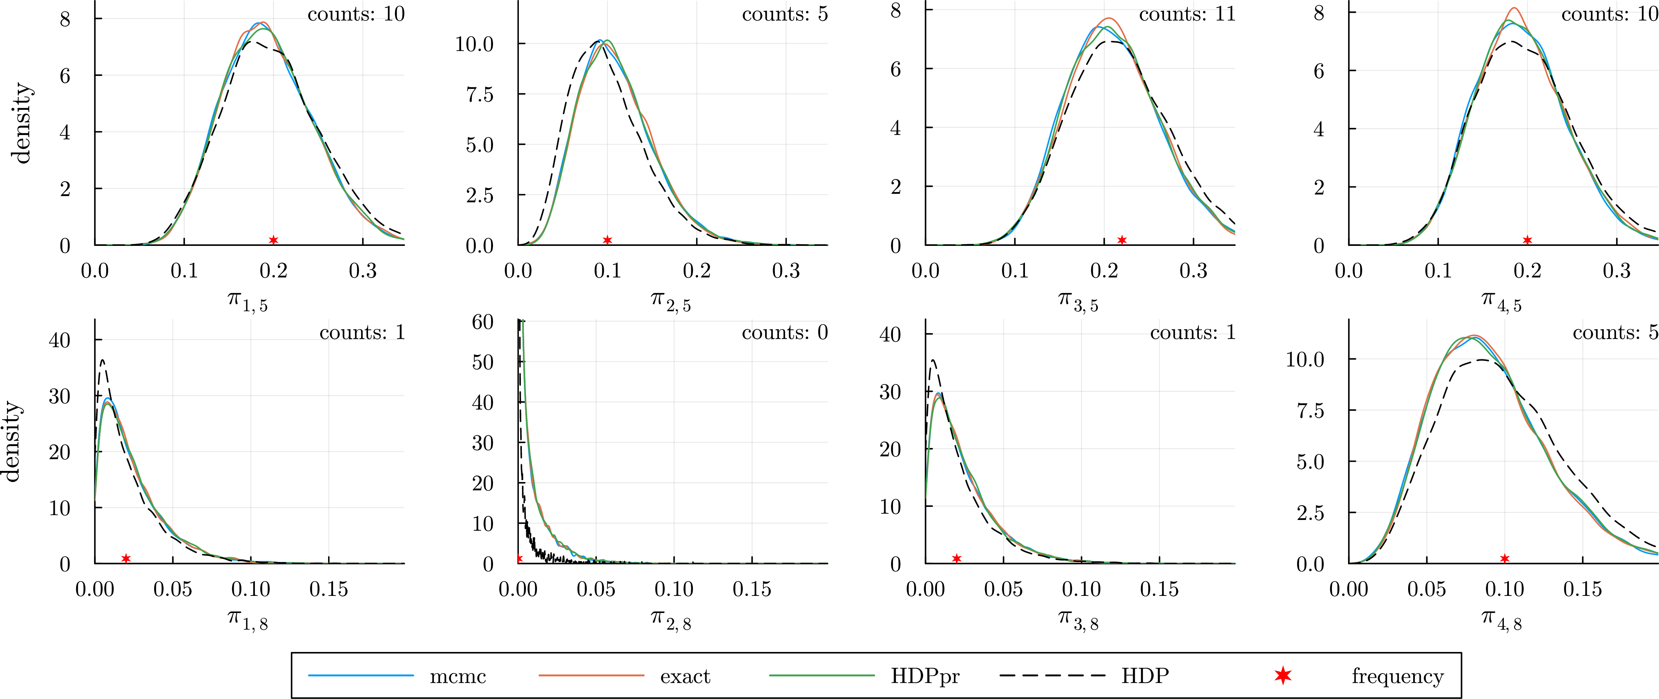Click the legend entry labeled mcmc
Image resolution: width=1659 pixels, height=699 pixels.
(458, 676)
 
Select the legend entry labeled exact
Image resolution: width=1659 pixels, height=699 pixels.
(685, 676)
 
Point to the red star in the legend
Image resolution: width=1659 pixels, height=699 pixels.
(1283, 675)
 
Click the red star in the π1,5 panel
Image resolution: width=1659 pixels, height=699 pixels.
(273, 239)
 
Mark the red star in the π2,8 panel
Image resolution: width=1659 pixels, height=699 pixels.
(519, 559)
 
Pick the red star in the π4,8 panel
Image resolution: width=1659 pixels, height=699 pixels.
(1505, 559)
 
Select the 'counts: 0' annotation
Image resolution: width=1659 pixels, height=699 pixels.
(784, 333)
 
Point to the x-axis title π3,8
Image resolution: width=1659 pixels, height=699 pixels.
(1078, 620)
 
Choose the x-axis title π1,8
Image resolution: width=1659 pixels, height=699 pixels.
(247, 620)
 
